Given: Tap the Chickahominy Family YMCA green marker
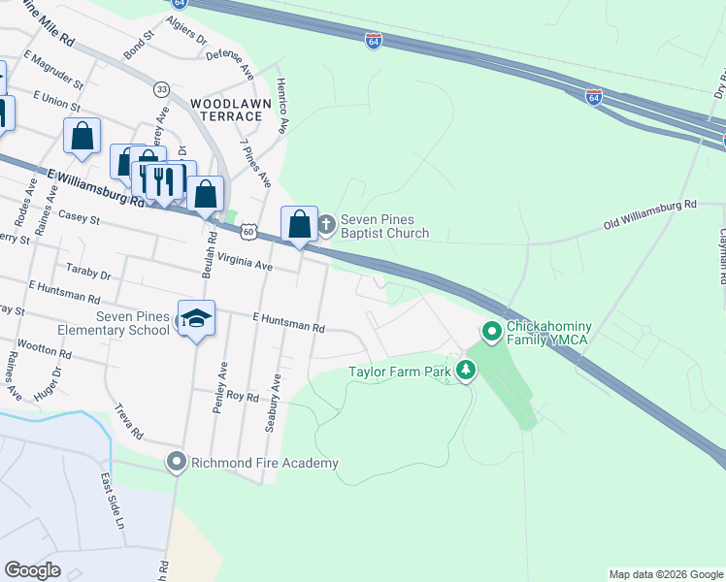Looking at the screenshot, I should click(492, 333).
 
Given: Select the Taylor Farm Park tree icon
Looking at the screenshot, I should click(467, 370).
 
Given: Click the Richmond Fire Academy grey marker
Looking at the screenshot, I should click(176, 463).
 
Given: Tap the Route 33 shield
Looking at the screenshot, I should click(161, 88).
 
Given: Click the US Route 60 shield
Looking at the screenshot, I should click(249, 232).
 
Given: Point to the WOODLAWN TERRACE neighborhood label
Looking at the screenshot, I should click(226, 110).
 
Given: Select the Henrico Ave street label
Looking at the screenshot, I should click(282, 106).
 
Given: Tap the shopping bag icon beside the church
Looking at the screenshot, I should click(300, 224).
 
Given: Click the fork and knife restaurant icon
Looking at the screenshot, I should click(165, 180).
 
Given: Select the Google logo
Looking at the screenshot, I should click(32, 570).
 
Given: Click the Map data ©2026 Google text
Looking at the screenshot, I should click(666, 574).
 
